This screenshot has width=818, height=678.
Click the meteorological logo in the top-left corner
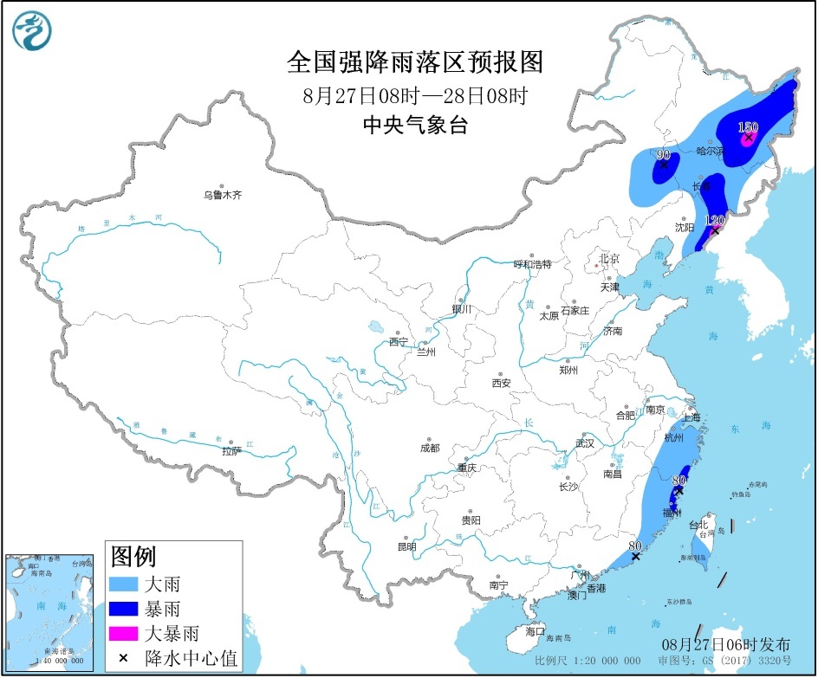click(32, 31)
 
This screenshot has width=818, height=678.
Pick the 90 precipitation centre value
click(664, 155)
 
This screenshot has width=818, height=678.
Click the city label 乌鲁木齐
click(223, 196)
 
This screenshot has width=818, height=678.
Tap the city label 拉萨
click(231, 450)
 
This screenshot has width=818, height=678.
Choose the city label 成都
click(429, 448)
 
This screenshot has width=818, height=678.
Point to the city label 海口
click(536, 631)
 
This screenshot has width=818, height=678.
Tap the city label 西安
click(502, 383)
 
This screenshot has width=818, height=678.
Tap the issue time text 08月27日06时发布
click(726, 644)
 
